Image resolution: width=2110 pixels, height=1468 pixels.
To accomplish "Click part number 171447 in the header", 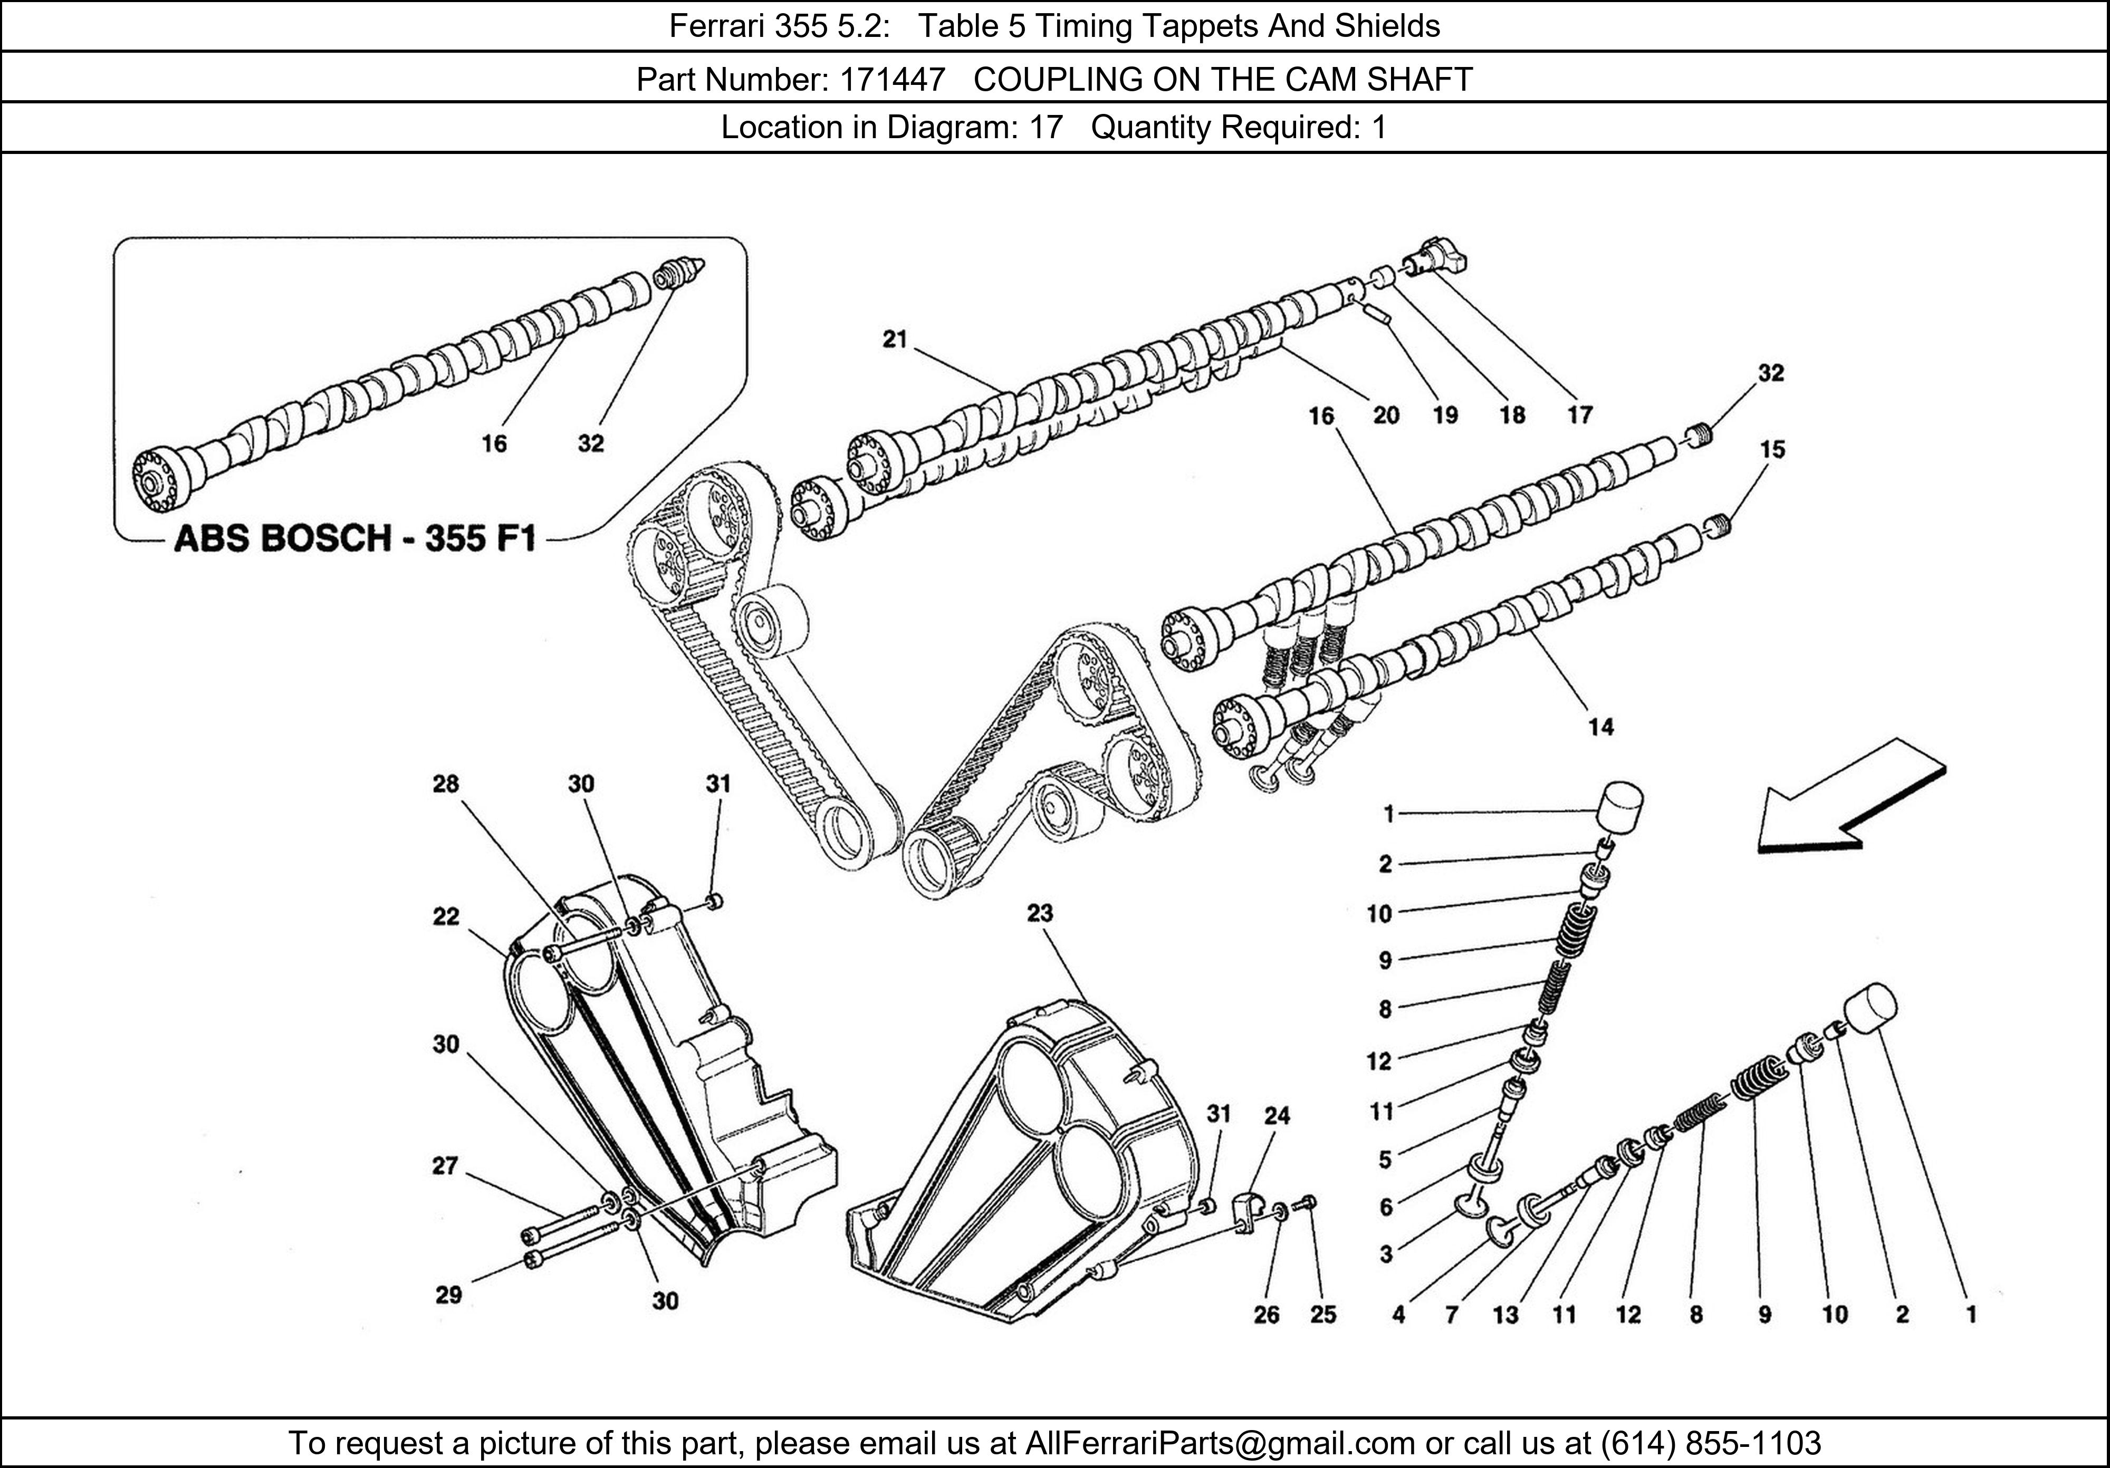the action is pos(891,80).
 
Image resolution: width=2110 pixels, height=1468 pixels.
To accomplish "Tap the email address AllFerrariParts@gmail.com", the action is pos(1220,1443).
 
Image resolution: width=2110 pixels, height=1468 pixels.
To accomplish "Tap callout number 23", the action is pos(1039,913).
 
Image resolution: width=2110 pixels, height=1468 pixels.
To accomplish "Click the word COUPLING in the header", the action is pos(1056,80).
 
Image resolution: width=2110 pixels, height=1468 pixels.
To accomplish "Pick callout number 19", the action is pos(1445,415).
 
